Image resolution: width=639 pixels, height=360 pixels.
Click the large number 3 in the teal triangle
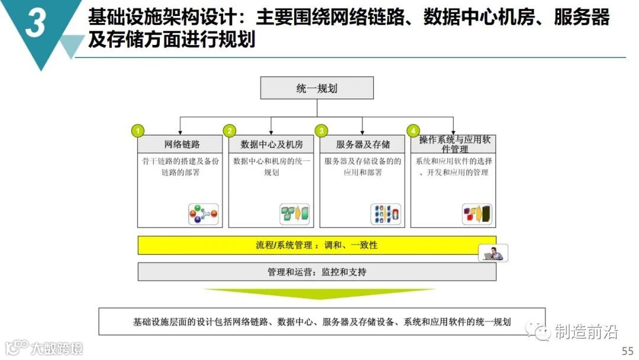point(35,25)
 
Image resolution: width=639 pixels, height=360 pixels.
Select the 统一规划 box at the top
point(317,88)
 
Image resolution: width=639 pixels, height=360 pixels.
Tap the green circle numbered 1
point(137,131)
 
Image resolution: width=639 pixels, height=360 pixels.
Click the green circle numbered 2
point(229,131)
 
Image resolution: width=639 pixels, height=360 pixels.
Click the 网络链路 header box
point(182,144)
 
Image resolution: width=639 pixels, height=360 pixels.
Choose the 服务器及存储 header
point(363,144)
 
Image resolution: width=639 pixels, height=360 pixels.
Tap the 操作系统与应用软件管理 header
point(454,144)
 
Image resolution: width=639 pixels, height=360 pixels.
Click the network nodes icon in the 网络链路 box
point(203,214)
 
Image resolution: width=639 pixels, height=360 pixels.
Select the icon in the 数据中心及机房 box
point(294,214)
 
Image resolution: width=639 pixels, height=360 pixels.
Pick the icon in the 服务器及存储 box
point(386,214)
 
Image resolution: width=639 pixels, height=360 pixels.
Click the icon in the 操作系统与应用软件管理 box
point(477,214)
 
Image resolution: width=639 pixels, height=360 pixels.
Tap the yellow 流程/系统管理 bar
point(317,245)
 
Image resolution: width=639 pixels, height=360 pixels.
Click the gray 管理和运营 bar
point(317,272)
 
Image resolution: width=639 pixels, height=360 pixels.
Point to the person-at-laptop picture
point(493,253)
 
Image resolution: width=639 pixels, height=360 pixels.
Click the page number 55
point(627,350)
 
